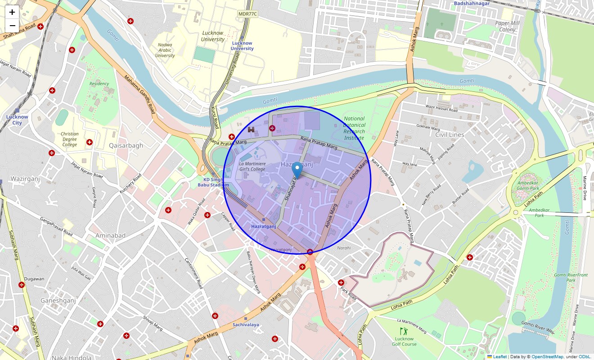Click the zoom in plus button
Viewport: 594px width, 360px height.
click(12, 12)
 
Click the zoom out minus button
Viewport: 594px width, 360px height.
click(12, 26)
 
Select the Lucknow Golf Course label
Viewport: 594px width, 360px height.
click(404, 342)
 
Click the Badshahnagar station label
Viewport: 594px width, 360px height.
click(472, 3)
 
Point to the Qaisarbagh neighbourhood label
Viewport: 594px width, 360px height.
click(126, 145)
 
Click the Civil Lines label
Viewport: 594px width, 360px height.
click(450, 135)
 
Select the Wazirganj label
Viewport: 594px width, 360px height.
click(25, 179)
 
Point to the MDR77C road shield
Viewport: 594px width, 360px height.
click(247, 14)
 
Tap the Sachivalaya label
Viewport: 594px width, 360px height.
click(246, 324)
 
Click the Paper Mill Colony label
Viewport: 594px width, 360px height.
click(508, 26)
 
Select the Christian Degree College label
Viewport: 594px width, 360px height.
click(69, 139)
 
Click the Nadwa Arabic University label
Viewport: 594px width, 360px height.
click(165, 50)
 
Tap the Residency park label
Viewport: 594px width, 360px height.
click(99, 84)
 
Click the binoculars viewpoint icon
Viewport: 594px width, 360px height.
click(251, 130)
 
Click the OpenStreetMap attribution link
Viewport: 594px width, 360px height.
click(547, 357)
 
